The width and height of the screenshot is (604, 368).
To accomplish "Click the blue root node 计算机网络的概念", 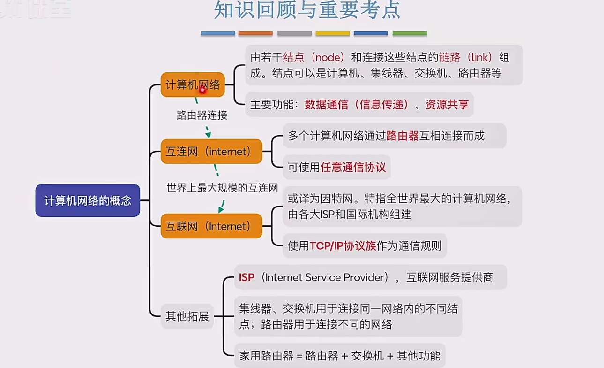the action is [88, 200].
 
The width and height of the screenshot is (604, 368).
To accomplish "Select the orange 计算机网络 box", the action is [193, 84].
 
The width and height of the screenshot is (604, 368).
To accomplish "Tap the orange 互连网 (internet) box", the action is [211, 151].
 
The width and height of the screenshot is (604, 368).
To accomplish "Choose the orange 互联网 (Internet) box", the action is [211, 226].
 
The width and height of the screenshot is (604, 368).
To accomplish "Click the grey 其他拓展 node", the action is [187, 316].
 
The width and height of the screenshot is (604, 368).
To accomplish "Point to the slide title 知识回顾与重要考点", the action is [307, 10].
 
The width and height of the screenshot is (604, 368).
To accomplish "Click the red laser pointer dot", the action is [202, 90].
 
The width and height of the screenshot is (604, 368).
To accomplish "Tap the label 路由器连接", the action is [201, 115].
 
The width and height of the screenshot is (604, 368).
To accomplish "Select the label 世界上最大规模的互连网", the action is [222, 187].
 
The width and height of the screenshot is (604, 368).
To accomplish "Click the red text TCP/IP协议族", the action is [343, 246].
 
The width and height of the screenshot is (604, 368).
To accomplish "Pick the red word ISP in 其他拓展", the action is [246, 277].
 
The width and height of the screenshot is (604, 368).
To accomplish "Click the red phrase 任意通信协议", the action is [353, 167].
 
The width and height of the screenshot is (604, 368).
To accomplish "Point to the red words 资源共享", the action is [447, 105].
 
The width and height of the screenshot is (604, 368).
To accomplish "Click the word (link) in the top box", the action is [480, 57].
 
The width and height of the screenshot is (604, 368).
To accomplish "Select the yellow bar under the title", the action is [333, 33].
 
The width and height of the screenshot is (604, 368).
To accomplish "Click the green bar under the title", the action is [410, 33].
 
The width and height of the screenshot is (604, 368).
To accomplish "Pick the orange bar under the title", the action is [255, 33].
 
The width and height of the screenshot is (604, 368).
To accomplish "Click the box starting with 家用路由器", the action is [340, 356].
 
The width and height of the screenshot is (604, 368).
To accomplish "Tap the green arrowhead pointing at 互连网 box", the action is [208, 135].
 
